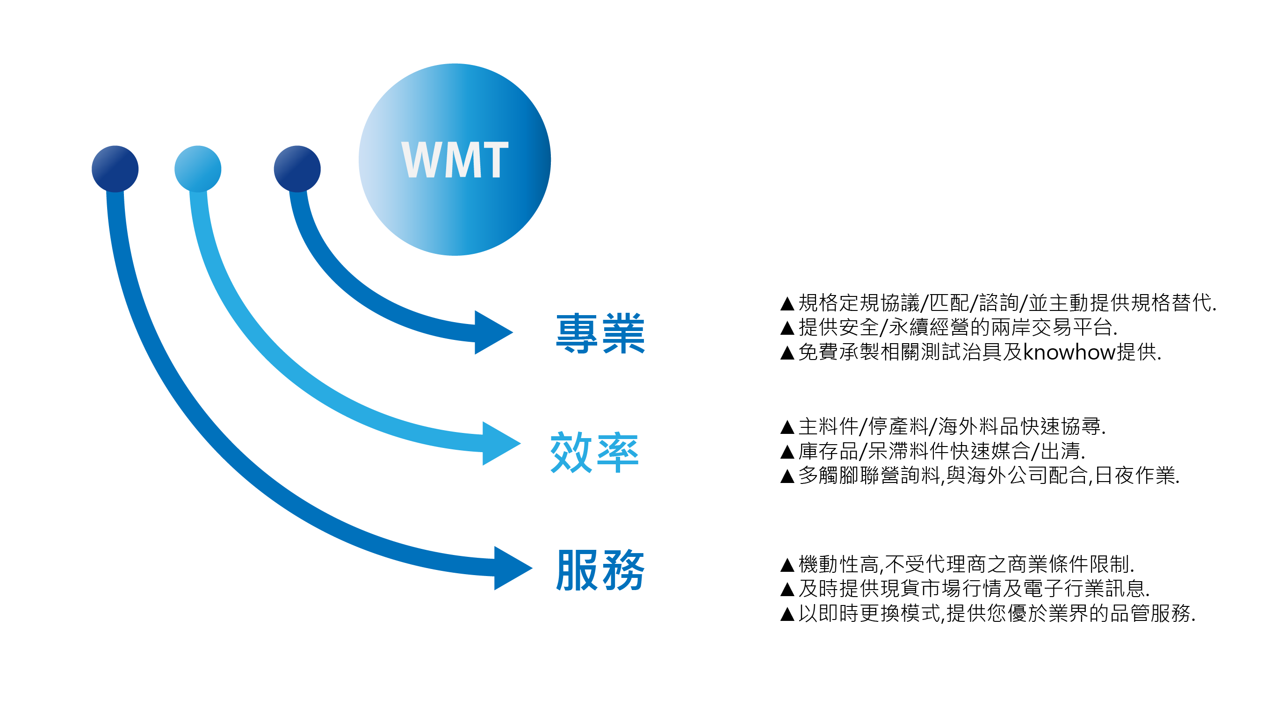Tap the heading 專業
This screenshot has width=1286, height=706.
(600, 333)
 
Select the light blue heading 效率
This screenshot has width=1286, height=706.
(594, 453)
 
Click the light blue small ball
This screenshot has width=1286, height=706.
(198, 169)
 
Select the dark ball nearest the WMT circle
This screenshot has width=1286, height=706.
(297, 169)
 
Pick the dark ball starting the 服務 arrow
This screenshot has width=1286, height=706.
(115, 169)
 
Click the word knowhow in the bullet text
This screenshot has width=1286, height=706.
(1069, 353)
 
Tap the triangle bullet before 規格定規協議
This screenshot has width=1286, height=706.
(787, 303)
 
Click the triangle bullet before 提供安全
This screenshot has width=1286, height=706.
(787, 328)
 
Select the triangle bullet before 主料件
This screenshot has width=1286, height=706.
(787, 427)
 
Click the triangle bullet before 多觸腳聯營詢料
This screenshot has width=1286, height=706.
(787, 476)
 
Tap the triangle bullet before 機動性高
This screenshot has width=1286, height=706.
(787, 565)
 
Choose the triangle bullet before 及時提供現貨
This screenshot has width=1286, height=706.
(787, 590)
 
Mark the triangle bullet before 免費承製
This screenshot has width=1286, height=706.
(787, 353)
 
